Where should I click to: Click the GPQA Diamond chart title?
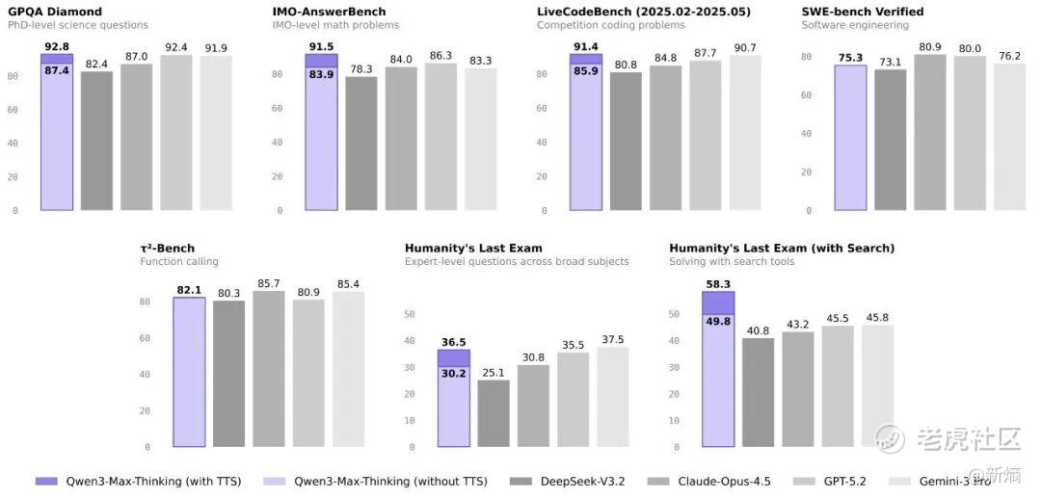click(x=55, y=12)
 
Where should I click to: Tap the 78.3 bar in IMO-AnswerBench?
click(x=361, y=143)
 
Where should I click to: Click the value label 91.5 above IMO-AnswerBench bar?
click(x=321, y=45)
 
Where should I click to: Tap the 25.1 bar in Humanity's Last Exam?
click(x=494, y=413)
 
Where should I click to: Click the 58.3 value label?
click(x=718, y=284)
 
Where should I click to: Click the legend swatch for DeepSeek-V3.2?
click(x=521, y=481)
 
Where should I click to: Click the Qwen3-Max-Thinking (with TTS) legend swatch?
click(x=46, y=481)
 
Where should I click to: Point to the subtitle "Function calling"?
click(x=179, y=261)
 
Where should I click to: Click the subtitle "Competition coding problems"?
click(x=611, y=25)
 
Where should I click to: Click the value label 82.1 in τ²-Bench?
click(x=189, y=290)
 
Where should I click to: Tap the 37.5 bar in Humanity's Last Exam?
click(x=612, y=397)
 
